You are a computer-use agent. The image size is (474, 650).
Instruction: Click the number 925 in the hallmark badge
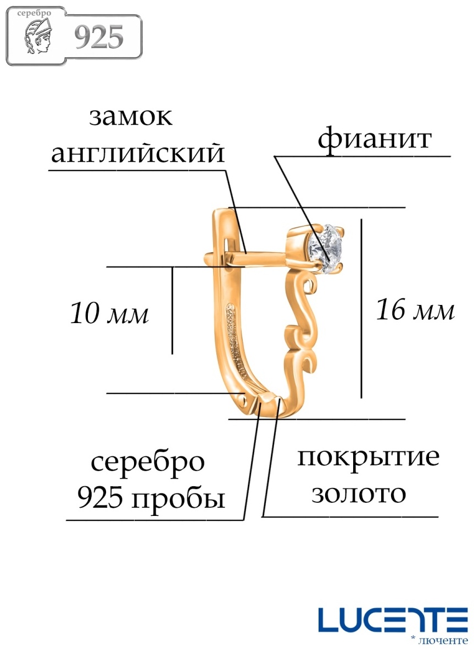99,37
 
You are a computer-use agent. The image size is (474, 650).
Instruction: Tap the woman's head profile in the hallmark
37,37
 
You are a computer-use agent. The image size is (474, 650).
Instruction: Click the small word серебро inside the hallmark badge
35,13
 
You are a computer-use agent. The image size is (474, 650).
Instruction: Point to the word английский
137,153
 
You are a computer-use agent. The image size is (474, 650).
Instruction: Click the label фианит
375,139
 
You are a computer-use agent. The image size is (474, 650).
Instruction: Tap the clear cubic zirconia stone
327,248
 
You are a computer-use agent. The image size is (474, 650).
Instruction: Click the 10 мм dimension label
109,313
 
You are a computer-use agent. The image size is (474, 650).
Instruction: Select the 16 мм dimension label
415,309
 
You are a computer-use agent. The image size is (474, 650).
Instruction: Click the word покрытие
369,458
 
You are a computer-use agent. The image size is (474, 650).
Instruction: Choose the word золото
359,494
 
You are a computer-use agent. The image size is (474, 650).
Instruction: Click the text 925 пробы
151,497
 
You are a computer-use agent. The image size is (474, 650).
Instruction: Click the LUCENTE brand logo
393,620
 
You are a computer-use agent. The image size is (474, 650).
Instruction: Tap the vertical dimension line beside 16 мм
361,308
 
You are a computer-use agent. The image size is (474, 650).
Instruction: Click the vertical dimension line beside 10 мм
172,310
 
